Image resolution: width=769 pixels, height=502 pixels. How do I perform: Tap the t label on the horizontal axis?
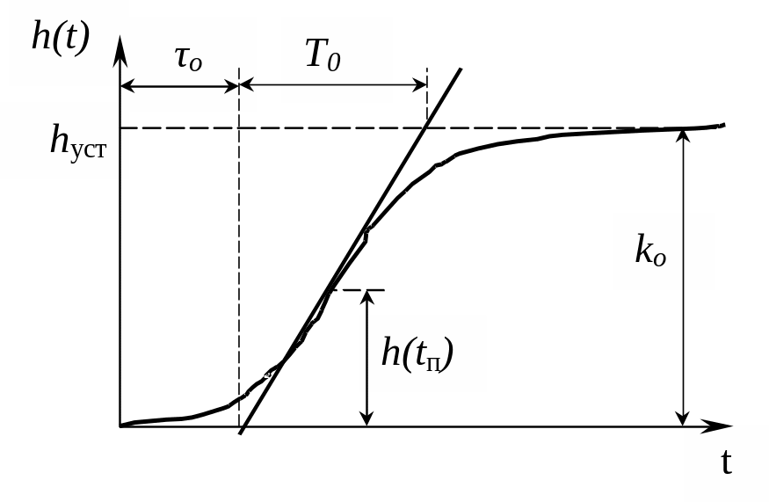point(726,462)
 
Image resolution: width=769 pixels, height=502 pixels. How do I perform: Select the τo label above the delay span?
point(188,60)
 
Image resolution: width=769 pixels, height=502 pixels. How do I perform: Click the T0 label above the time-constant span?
point(323,55)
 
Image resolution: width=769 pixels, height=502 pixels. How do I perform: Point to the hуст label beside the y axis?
point(77,141)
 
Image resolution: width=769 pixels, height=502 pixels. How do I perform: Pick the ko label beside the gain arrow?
point(650,251)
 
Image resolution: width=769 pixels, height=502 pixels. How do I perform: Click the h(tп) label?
point(417,353)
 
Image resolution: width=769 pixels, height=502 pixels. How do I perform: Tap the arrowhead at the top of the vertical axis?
point(120,49)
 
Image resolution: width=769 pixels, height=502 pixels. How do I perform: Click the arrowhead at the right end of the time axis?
point(719,426)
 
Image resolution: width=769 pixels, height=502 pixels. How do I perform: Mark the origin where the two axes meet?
point(120,426)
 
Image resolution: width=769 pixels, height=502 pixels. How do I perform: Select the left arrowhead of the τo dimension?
point(127,86)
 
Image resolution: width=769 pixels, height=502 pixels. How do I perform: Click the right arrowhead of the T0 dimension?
point(420,85)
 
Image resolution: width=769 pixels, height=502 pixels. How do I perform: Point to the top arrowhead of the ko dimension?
point(683,136)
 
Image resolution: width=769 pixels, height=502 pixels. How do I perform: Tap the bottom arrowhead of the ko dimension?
point(683,418)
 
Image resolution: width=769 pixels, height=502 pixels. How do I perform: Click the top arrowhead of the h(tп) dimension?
point(366,297)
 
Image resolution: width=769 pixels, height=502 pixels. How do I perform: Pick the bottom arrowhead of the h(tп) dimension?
point(366,418)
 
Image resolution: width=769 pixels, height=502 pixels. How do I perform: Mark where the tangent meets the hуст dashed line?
point(425,128)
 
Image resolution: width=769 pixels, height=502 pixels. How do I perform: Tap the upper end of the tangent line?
point(461,69)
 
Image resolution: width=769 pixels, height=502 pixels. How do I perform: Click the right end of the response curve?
point(724,125)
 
